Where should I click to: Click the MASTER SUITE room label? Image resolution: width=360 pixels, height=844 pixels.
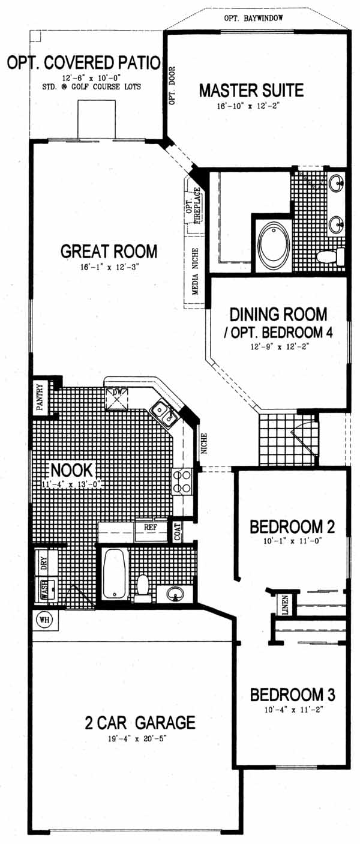pos(251,91)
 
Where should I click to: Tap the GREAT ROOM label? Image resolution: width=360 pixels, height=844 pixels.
pos(109,252)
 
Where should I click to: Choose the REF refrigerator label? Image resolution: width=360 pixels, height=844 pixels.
pos(150,528)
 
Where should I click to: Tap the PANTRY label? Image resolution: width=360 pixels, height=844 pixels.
pos(40,397)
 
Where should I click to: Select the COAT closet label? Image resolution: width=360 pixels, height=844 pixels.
pos(178,532)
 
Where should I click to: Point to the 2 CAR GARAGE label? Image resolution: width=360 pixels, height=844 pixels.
pos(140,722)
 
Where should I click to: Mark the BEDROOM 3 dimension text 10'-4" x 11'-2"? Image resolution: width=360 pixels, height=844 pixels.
pos(294,710)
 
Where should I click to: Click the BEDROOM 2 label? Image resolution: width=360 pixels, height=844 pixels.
pos(292,526)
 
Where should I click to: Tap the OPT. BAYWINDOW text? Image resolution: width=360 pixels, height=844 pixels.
pos(253,18)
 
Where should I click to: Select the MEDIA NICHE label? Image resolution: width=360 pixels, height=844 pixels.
pos(195,271)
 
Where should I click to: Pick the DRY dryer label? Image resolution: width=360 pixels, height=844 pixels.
pos(44,562)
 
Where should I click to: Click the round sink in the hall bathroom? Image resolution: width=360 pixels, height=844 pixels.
pos(175,594)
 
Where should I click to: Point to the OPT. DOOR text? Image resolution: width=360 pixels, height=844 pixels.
pos(172,85)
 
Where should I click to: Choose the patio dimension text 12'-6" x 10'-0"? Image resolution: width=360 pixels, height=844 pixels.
pos(91,78)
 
